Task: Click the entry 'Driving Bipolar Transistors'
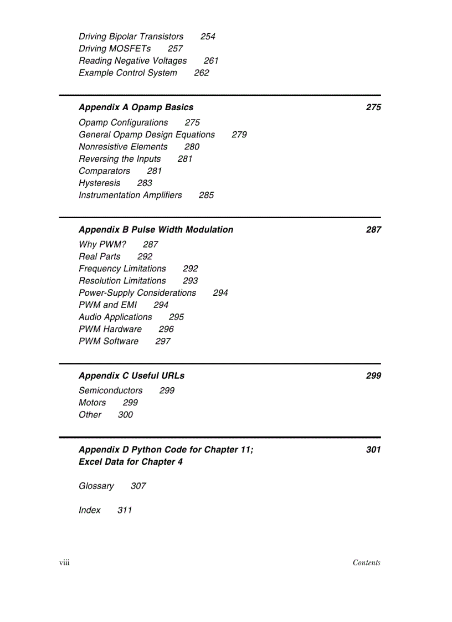click(x=131, y=37)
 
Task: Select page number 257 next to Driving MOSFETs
click(x=175, y=49)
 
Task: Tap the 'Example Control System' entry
click(x=128, y=73)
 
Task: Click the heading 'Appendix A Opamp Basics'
click(x=136, y=107)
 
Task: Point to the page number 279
click(x=239, y=135)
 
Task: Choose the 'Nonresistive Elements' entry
click(x=123, y=147)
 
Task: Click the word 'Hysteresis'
click(x=99, y=183)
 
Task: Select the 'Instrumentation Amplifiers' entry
click(x=130, y=196)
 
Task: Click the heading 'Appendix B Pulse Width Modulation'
click(x=156, y=230)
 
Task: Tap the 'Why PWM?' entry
click(x=102, y=244)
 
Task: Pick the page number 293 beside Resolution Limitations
click(x=190, y=281)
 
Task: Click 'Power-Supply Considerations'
click(x=137, y=293)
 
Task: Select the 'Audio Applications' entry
click(x=115, y=317)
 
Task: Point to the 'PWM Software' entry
click(x=109, y=342)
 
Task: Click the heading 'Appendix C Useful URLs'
click(x=131, y=376)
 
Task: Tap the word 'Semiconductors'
click(x=110, y=390)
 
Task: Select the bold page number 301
click(x=373, y=450)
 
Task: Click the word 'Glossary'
click(x=96, y=486)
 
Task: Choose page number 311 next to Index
click(x=125, y=511)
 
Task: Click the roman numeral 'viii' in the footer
click(x=64, y=563)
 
